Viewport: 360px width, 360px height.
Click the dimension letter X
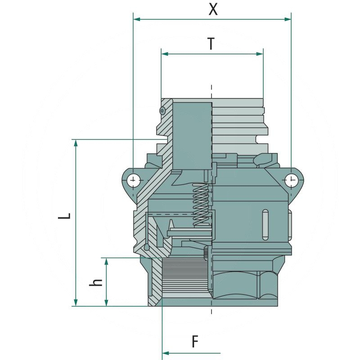[x=213, y=9]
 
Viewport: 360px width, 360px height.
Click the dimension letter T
[x=211, y=44]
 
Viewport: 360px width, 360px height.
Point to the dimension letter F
[x=195, y=342]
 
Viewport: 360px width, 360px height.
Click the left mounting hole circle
[x=133, y=180]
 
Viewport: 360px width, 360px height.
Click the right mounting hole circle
[x=291, y=180]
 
